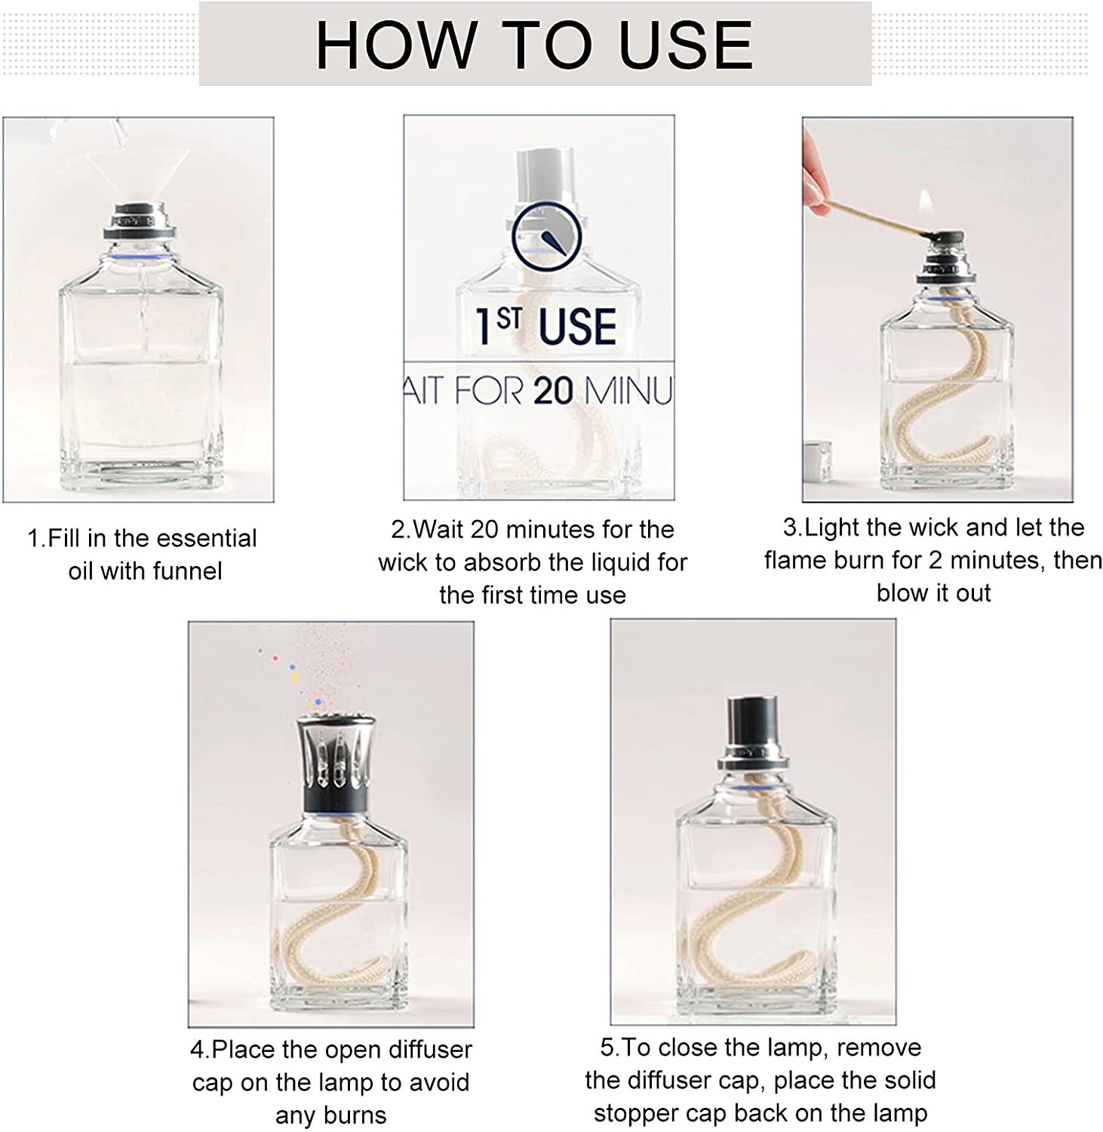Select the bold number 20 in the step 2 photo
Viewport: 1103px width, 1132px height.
tap(553, 391)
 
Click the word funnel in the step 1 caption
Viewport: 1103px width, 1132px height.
tap(189, 571)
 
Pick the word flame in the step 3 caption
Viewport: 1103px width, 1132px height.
tap(796, 560)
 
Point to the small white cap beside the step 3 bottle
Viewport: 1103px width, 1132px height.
tap(816, 460)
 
